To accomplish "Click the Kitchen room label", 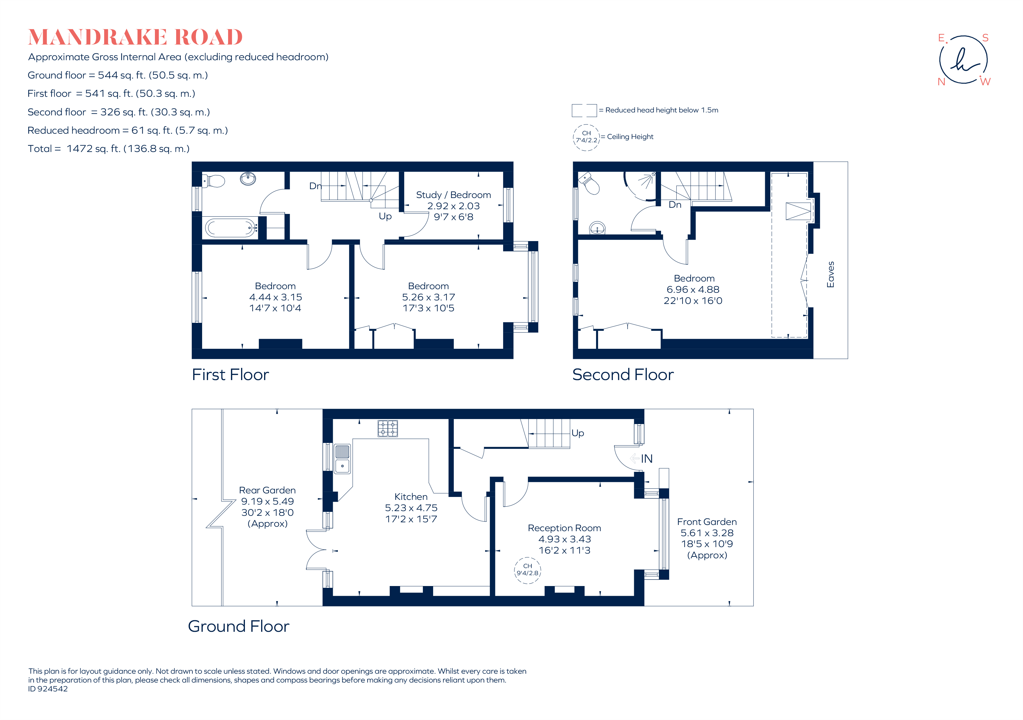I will point(411,496).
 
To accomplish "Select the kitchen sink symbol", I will point(342,459).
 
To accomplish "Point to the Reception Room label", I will point(564,528).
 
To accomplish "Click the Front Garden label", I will point(707,522).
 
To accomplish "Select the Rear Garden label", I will point(267,490).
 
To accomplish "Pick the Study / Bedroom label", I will point(453,195).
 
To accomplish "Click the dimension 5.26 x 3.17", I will point(428,297).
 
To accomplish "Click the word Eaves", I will point(830,274).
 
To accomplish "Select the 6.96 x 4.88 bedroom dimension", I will point(693,289).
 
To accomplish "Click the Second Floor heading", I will point(622,375).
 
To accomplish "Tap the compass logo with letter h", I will point(963,60).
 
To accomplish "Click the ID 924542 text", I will point(48,689).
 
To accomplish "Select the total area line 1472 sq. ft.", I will point(109,149).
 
